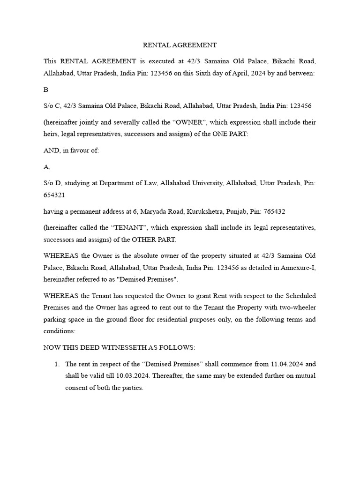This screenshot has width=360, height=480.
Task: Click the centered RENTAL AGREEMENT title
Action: click(180, 45)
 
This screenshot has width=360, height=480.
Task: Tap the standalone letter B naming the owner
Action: click(45, 90)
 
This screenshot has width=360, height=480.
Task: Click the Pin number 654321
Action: click(54, 195)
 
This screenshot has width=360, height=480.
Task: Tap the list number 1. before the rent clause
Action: click(57, 364)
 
